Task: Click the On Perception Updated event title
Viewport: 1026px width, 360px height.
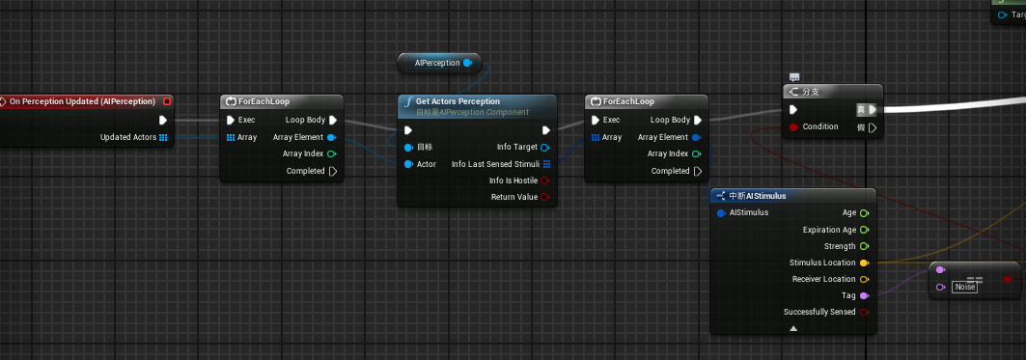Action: coord(82,101)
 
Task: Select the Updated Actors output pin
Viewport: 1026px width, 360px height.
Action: coord(163,137)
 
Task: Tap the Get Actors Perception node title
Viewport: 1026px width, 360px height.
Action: coord(458,101)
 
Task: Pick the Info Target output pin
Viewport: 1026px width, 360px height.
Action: coord(545,147)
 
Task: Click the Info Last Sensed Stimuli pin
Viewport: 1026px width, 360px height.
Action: coord(546,164)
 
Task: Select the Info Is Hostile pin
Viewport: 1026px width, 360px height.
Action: coord(545,180)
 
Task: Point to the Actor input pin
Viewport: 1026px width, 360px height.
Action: coord(409,164)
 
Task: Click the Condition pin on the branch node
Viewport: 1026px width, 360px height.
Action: coord(794,126)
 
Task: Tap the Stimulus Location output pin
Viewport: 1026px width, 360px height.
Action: coord(864,263)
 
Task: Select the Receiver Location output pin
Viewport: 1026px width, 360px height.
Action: coord(864,279)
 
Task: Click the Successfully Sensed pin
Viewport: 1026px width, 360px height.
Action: coord(864,312)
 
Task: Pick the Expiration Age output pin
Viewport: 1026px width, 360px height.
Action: coord(864,230)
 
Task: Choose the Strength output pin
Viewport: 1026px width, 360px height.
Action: coord(864,246)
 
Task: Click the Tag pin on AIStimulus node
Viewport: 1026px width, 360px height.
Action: coord(864,295)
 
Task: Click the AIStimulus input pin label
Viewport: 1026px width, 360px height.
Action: coord(748,212)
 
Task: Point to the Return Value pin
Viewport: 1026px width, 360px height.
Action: coord(545,197)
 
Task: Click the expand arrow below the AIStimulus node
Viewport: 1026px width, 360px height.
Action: coord(793,328)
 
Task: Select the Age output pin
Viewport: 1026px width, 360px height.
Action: coord(864,212)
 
